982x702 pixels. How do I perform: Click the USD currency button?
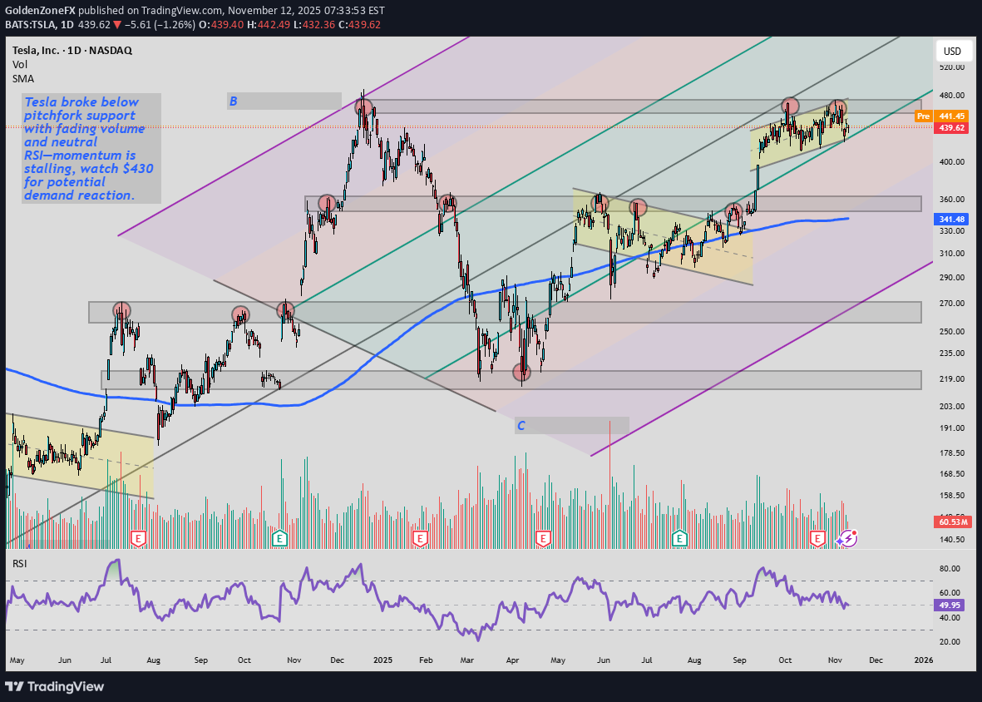[x=952, y=52]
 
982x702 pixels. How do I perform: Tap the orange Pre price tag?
[x=922, y=116]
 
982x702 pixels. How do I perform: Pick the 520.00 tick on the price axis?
[x=951, y=67]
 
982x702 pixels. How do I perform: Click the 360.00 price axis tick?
[x=951, y=200]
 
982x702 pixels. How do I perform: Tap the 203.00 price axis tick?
[x=951, y=407]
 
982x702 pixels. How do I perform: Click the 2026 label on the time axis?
[x=922, y=660]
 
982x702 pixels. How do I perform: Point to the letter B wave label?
[x=234, y=101]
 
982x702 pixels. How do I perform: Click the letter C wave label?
[x=521, y=426]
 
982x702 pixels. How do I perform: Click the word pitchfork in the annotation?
[x=52, y=116]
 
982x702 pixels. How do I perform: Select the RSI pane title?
[x=20, y=564]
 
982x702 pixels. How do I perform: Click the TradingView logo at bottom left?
[x=55, y=686]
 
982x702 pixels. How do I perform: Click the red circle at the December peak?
[x=363, y=107]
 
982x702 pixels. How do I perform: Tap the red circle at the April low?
[x=521, y=372]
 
